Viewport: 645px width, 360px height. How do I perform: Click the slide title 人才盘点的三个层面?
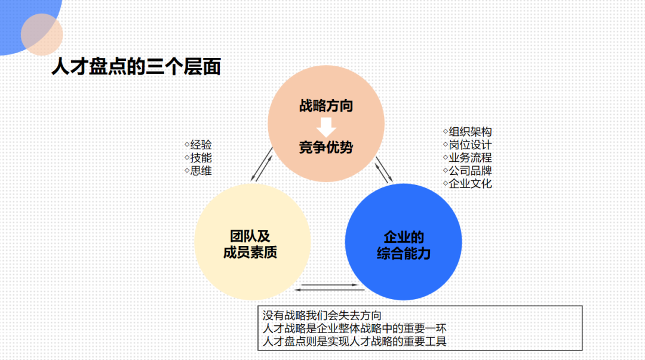[136, 67]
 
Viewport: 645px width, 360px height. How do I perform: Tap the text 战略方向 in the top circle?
[325, 106]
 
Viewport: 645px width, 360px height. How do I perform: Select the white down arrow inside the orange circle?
[326, 127]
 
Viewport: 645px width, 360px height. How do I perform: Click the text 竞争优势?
[325, 147]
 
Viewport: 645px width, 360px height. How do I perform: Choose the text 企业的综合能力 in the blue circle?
[404, 245]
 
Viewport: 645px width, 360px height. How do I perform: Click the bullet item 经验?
[201, 145]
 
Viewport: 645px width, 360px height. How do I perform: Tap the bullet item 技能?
[201, 158]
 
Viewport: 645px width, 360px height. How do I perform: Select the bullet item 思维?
[201, 171]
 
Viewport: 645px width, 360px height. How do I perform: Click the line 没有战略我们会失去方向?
[322, 315]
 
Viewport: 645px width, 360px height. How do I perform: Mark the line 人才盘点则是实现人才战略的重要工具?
[355, 341]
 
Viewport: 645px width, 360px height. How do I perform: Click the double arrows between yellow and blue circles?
[330, 287]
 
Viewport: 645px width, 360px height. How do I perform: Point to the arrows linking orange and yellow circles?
[262, 164]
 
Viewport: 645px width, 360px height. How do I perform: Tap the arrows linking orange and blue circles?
[385, 170]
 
